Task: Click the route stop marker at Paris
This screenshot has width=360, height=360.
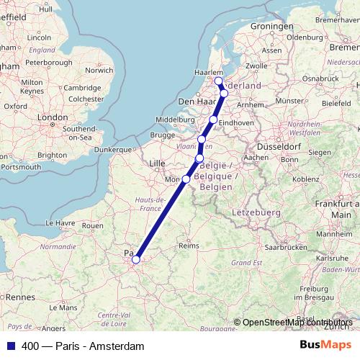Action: pos(135,260)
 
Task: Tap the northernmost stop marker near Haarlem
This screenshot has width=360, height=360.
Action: pos(218,81)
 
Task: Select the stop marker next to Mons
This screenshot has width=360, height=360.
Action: pos(186,179)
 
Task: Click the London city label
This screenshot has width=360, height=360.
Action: pos(52,117)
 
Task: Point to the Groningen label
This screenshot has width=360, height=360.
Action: pos(270,27)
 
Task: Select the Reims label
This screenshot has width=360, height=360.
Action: pos(188,246)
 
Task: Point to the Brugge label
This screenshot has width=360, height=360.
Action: pos(163,135)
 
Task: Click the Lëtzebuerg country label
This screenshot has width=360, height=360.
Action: pos(256,213)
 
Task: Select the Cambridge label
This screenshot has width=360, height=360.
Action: pos(81,88)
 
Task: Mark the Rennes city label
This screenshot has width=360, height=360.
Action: pos(21,297)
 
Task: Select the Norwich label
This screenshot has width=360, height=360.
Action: pos(99,71)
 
